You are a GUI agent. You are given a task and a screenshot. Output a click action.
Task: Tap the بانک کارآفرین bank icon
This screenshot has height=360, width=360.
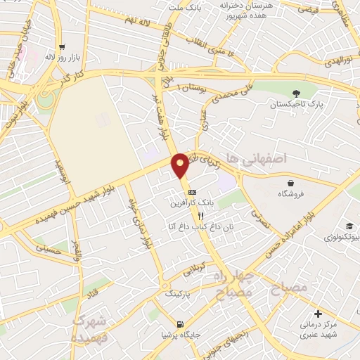tap(192, 193)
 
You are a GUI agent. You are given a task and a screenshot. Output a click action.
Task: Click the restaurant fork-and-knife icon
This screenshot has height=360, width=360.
tap(181, 217)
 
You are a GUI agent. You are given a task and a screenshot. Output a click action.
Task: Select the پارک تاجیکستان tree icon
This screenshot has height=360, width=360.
tap(295, 94)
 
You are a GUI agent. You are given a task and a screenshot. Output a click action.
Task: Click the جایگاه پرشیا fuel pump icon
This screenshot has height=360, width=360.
tap(181, 324)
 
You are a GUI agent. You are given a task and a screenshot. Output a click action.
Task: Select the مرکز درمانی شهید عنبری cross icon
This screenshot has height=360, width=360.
tap(318, 314)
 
